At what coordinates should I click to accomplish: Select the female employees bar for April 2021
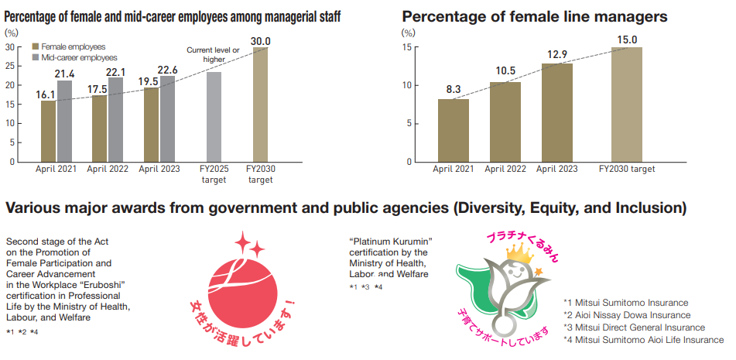(48, 131)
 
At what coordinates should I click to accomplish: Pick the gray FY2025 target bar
(214, 117)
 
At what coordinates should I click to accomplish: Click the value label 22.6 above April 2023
(167, 70)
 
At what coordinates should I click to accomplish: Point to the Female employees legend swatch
(35, 47)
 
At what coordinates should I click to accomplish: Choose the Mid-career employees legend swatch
(35, 58)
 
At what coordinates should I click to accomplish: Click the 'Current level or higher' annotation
(213, 54)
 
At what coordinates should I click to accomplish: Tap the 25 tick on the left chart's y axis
(10, 66)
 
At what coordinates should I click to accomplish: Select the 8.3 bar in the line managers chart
(454, 131)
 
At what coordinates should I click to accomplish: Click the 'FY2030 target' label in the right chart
(627, 169)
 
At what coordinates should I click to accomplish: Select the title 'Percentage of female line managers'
(535, 16)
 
